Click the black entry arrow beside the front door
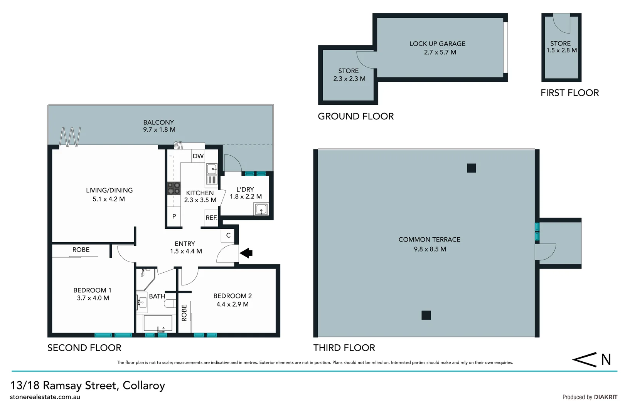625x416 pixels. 246,253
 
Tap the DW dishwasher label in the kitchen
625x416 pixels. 198,156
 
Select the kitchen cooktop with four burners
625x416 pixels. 174,188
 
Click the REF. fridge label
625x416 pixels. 211,218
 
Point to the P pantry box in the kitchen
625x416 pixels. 174,216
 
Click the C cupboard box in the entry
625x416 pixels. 228,235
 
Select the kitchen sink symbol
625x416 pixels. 212,169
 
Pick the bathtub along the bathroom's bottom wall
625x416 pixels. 158,323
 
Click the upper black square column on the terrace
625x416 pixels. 471,168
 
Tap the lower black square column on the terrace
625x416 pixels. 426,315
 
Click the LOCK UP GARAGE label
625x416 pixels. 437,44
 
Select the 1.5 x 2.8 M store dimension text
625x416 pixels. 561,50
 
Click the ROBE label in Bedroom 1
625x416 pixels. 81,250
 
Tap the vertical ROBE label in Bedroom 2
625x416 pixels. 184,312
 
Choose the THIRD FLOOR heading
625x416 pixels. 344,348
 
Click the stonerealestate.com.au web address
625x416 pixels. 45,397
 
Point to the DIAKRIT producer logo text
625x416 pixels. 605,397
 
